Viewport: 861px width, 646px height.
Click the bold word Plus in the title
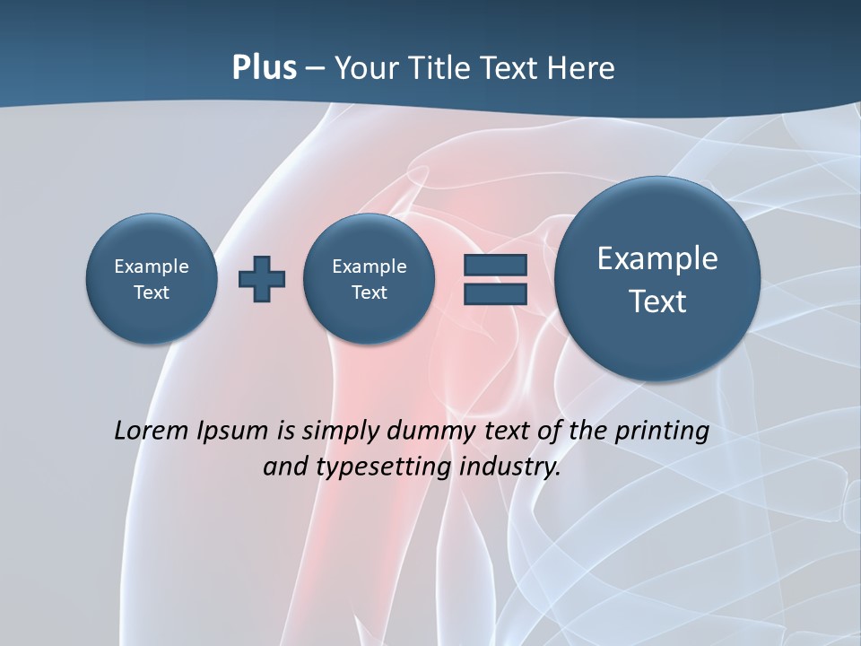coord(264,68)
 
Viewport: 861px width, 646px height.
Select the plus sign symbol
coord(262,279)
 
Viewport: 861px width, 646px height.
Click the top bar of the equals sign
coord(495,265)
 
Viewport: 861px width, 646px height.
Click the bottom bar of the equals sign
coord(495,294)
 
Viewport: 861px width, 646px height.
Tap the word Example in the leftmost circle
coord(152,266)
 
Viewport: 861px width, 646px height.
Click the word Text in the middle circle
coord(369,292)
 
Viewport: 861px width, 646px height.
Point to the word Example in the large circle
coord(657,258)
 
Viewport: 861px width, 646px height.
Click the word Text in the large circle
coord(657,301)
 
